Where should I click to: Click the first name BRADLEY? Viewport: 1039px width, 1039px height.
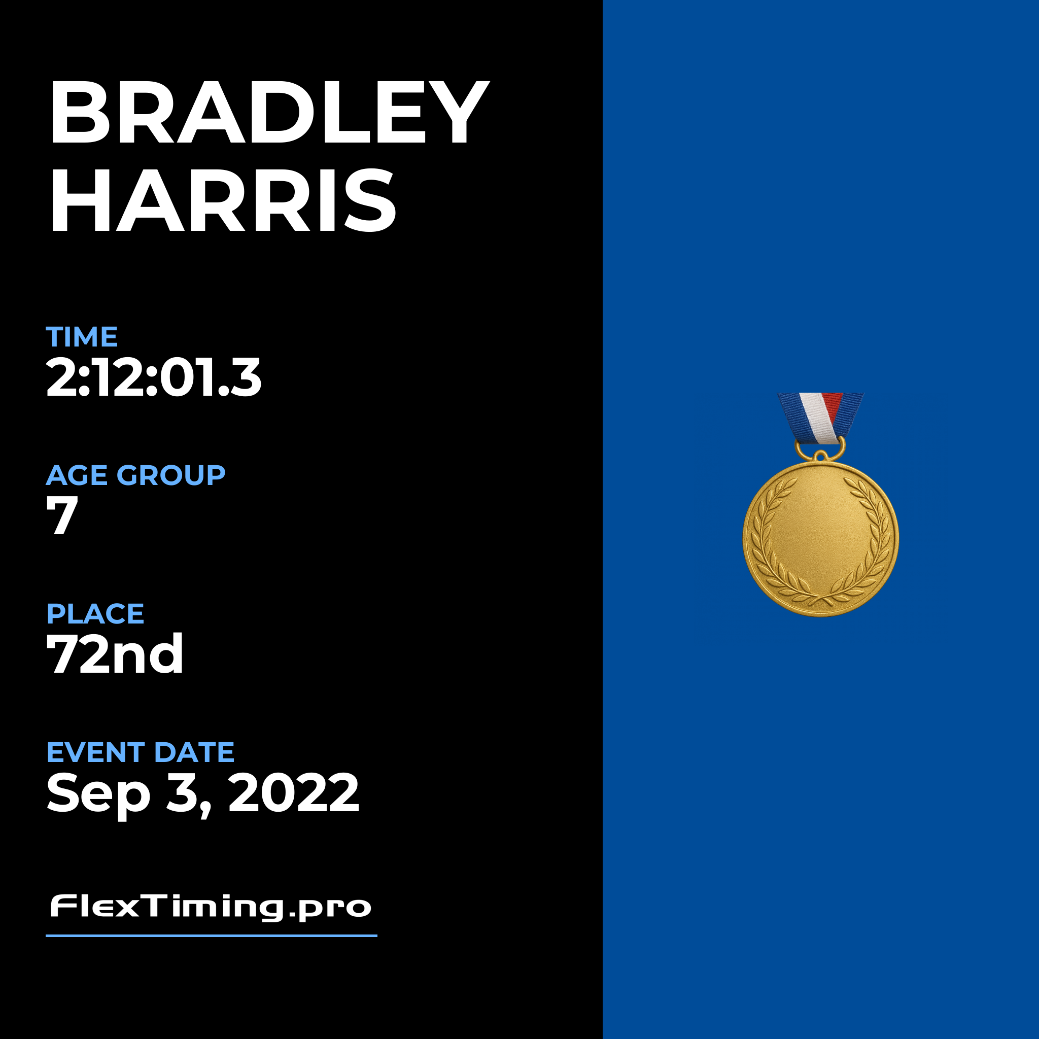click(x=269, y=113)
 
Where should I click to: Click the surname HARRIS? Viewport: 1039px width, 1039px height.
click(x=223, y=199)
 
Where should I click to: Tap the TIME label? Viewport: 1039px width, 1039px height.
click(x=82, y=337)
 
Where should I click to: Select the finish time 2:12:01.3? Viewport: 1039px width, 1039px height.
click(x=154, y=377)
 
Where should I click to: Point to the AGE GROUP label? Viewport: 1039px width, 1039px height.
click(x=135, y=475)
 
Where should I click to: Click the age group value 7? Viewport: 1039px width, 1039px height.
click(x=62, y=516)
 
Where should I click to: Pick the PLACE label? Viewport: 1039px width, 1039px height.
click(x=95, y=614)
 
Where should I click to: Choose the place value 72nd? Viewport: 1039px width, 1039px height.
click(x=115, y=654)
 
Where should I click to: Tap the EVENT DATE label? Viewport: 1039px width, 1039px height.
click(x=141, y=752)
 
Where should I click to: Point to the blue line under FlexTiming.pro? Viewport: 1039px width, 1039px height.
click(x=212, y=936)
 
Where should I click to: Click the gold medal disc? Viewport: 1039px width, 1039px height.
click(x=821, y=538)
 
